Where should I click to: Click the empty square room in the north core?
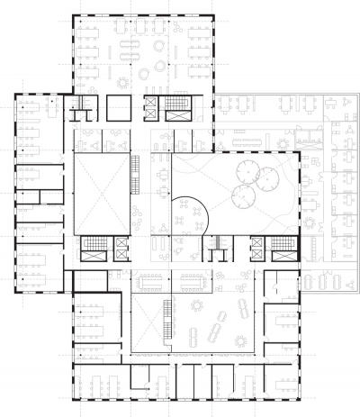click(119, 108)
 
